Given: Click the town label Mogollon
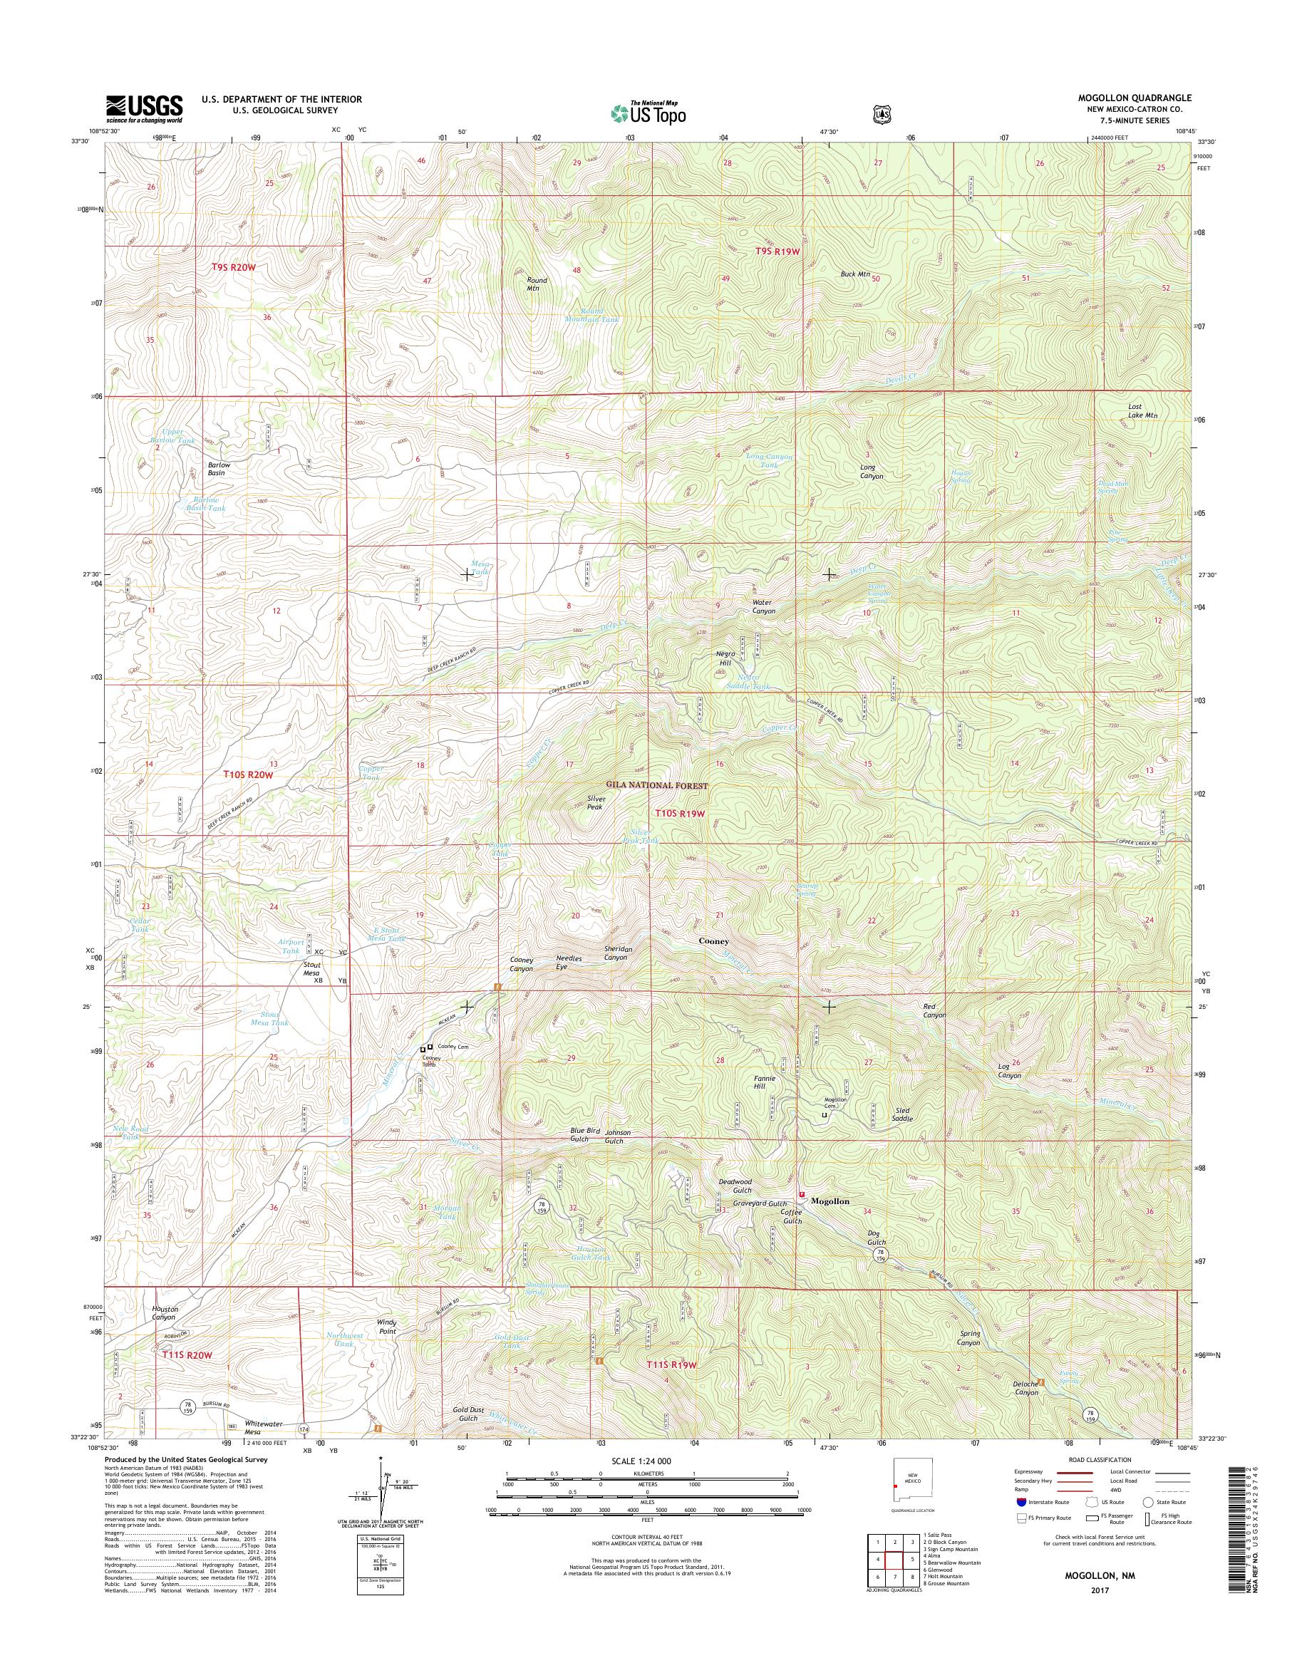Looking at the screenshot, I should pyautogui.click(x=830, y=1201).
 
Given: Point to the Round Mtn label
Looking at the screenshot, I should pyautogui.click(x=537, y=284).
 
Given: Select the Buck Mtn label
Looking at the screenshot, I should pyautogui.click(x=854, y=274).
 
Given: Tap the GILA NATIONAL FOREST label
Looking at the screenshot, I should pyautogui.click(x=656, y=786).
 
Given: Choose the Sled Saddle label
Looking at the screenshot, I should pyautogui.click(x=902, y=1114).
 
